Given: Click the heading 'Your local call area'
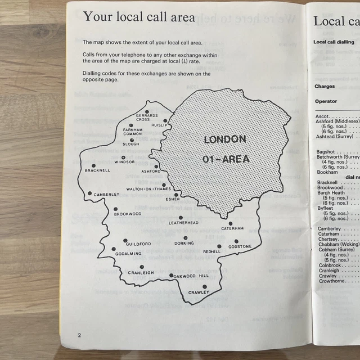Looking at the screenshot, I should (x=139, y=17).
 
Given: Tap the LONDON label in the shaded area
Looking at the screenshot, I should (x=224, y=139).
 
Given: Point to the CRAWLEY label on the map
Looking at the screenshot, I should (x=199, y=292).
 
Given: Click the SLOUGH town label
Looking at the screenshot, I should (x=131, y=145).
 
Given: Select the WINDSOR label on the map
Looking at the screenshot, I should (x=124, y=162).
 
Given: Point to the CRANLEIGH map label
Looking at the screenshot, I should (x=141, y=273).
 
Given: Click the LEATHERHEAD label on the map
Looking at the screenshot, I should (x=184, y=223).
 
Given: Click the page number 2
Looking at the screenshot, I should (x=80, y=335).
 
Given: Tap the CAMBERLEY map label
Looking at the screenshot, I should (x=106, y=195).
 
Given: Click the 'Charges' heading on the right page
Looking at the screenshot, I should (x=325, y=87).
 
